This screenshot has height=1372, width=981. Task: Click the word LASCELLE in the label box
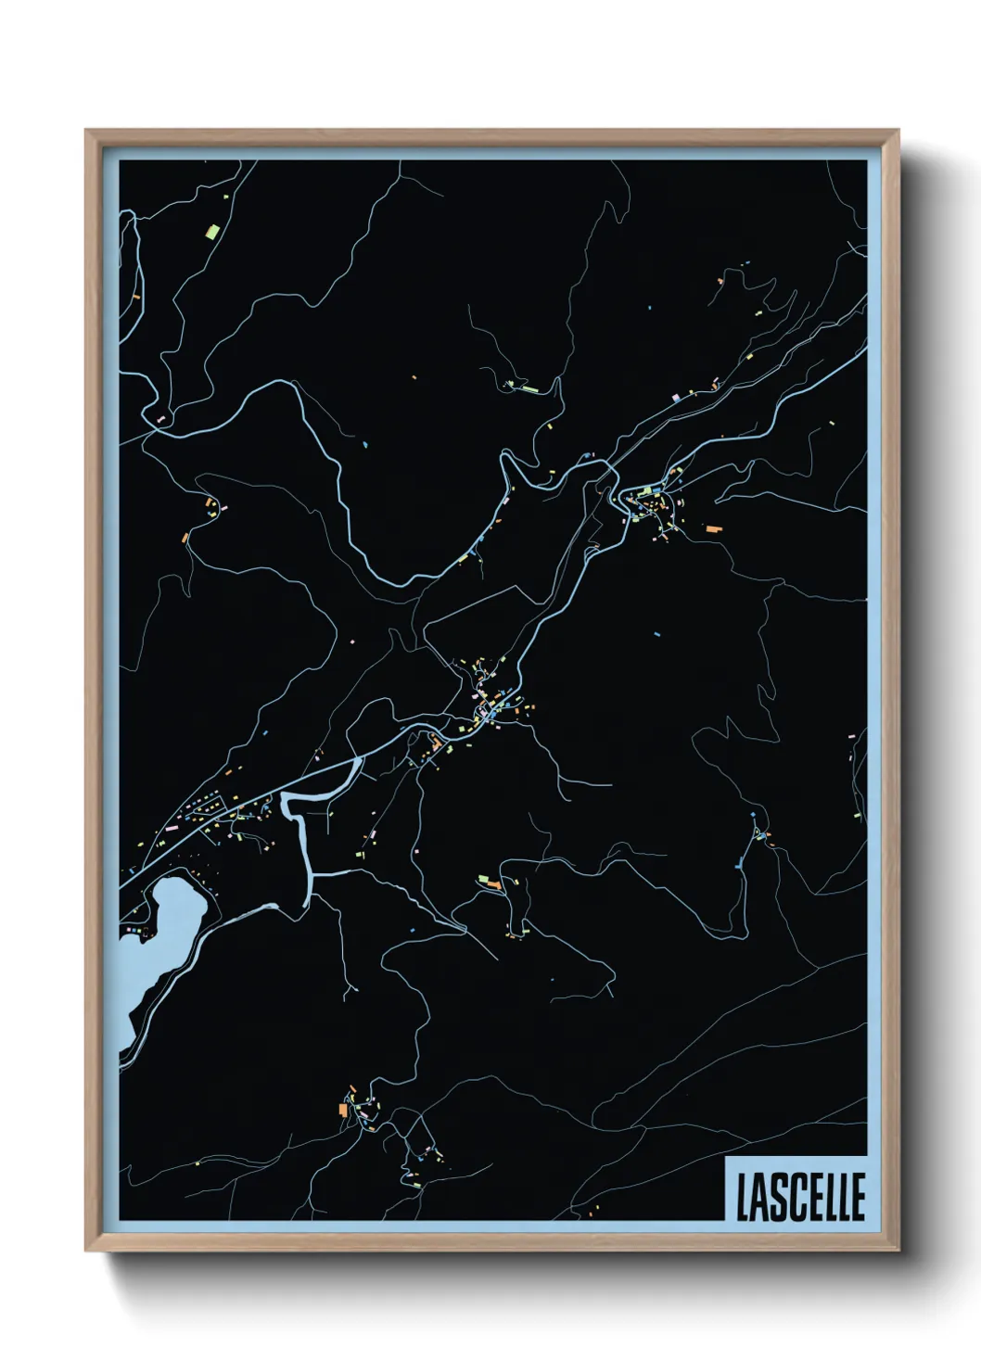pyautogui.click(x=800, y=1196)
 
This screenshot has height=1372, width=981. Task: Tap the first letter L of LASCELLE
pyautogui.click(x=742, y=1196)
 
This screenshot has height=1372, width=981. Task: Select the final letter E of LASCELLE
pyautogui.click(x=858, y=1196)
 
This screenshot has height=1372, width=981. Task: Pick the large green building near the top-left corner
pyautogui.click(x=212, y=230)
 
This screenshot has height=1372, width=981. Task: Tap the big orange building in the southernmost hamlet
pyautogui.click(x=343, y=1110)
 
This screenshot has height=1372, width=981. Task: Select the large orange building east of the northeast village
pyautogui.click(x=712, y=528)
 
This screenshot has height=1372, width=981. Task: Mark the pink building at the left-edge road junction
pyautogui.click(x=159, y=420)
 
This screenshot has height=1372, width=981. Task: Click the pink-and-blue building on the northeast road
pyautogui.click(x=677, y=397)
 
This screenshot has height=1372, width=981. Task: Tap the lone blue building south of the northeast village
pyautogui.click(x=657, y=635)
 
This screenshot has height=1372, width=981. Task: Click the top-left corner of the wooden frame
pyautogui.click(x=86, y=131)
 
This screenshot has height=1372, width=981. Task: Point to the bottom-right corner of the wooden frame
pyautogui.click(x=898, y=1251)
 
